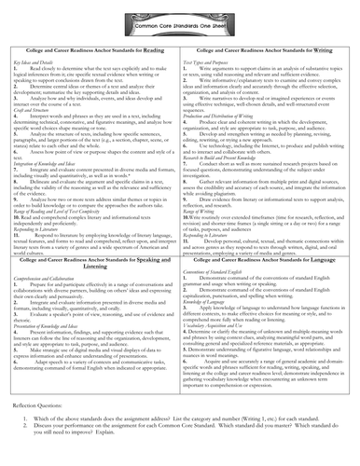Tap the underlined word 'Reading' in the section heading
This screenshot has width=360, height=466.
point(148,43)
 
